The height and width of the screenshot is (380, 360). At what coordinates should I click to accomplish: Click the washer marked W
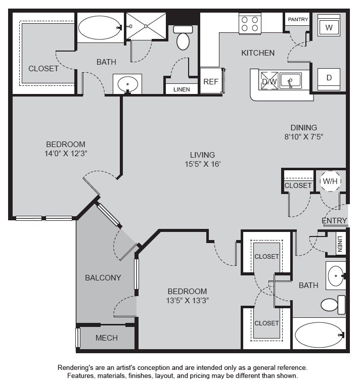pos(329,25)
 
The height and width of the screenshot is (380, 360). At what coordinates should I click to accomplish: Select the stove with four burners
pos(250,24)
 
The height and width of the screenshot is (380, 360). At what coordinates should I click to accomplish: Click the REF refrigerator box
pos(211,80)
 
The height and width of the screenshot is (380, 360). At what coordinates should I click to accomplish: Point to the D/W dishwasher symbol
pos(269,81)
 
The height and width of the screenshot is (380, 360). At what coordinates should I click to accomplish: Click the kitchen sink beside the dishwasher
pos(290,80)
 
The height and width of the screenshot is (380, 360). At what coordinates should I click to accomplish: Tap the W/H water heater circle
pos(330,181)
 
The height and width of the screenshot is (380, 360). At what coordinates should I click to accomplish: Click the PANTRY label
pos(298,19)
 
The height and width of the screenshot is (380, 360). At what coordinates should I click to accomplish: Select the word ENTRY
pos(334,220)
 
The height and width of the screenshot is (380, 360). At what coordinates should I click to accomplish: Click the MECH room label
pos(107,338)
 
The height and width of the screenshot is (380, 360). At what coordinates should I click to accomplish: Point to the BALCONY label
pos(103,277)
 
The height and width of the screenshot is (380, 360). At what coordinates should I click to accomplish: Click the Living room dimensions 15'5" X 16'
pos(202,164)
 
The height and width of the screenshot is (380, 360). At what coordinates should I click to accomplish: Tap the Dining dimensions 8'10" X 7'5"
pos(304,136)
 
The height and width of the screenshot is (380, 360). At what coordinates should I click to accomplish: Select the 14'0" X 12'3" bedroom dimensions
pos(66,154)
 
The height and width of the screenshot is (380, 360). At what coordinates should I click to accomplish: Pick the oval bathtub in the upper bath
pos(100,28)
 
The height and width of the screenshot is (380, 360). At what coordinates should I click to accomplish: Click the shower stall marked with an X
pos(146,26)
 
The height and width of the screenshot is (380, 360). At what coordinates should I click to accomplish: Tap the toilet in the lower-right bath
pos(333,305)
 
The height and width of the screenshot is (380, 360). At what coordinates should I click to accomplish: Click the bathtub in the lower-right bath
pos(320,335)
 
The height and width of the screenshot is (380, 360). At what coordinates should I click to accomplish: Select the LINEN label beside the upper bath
pos(182,89)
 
